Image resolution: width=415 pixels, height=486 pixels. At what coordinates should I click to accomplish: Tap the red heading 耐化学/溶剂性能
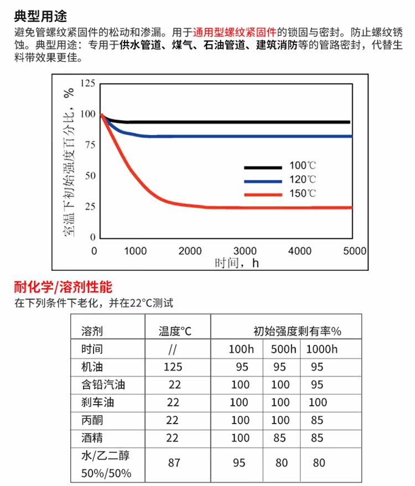coord(63,287)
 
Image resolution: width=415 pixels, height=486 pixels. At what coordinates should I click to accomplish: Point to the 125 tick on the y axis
coord(88,83)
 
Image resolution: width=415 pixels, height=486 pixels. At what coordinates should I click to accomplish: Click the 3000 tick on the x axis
coord(245,250)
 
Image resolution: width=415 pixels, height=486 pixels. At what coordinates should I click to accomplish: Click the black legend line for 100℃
coord(262,166)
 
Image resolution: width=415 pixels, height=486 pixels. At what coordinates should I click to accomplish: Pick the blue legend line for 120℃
coord(262,180)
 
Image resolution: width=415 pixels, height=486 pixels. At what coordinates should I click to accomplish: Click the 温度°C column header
coord(175,332)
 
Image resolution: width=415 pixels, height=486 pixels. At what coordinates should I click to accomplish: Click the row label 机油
coord(92,367)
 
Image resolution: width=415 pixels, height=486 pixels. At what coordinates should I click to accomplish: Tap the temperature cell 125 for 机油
coord(173,367)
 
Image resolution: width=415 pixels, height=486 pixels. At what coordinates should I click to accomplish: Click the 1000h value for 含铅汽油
coord(317,385)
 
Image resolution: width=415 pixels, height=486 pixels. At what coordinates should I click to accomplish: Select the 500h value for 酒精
coord(279,438)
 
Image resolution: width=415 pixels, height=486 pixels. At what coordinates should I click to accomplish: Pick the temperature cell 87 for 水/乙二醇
coord(174,462)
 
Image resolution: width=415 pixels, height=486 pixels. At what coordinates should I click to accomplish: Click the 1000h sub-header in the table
coord(321,349)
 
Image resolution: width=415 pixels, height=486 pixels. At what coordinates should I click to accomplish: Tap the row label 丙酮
coord(92,420)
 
